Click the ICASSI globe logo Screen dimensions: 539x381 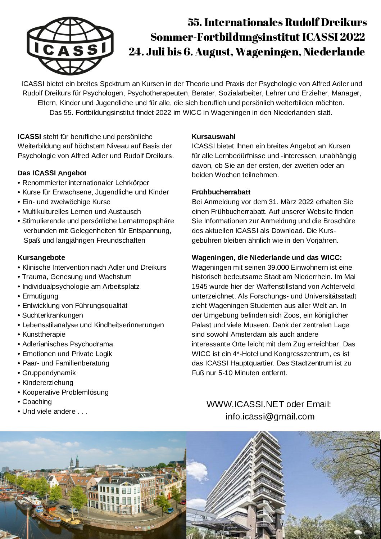pos(70,46)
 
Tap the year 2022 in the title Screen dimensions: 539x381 pos(352,37)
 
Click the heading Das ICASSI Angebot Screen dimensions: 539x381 pos(52,173)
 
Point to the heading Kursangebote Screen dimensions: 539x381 pos(41,257)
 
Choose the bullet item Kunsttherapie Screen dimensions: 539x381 pos(44,334)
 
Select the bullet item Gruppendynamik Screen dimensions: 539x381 pos(49,373)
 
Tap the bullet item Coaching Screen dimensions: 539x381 pos(37,402)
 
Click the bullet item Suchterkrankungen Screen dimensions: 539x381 pos(53,315)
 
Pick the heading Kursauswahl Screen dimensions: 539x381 pos(214,137)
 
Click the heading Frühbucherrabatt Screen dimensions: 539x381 pos(221,192)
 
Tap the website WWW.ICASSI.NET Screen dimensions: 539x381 pos(245,404)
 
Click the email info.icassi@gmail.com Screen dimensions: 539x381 pos(270,417)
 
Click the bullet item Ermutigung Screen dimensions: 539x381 pos(40,296)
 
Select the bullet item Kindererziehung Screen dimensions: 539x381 pos(48,383)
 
